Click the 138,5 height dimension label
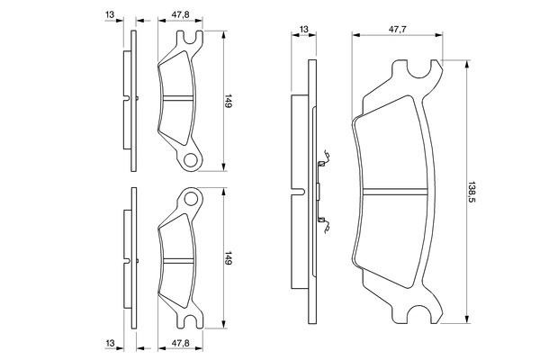(x=472, y=192)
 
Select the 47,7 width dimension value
(x=398, y=30)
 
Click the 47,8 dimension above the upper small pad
(x=181, y=14)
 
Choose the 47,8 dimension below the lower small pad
(x=181, y=344)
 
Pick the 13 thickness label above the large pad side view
(x=304, y=30)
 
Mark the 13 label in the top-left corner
(x=110, y=14)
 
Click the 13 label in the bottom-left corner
(x=110, y=344)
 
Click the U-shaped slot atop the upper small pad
(x=190, y=38)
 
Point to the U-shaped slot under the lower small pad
(x=190, y=320)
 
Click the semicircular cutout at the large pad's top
(x=419, y=69)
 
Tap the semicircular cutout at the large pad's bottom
(x=419, y=314)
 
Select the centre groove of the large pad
(x=395, y=192)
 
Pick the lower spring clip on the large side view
(x=324, y=224)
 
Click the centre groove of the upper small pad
(x=177, y=98)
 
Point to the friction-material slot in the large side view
(x=299, y=192)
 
